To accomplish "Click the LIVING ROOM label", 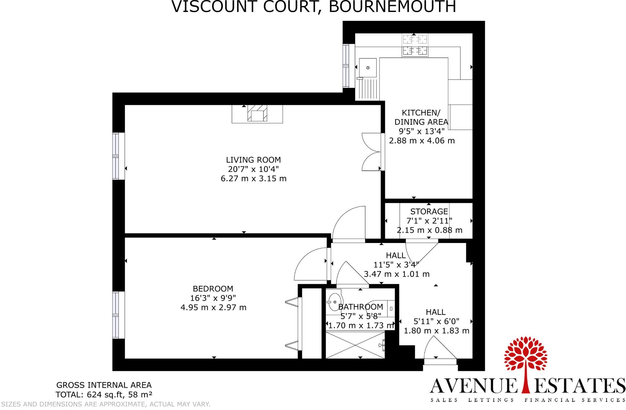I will click(x=253, y=160).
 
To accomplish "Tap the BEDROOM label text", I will click(x=213, y=289).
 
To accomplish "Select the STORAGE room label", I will click(x=429, y=211).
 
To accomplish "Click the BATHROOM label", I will click(x=361, y=307).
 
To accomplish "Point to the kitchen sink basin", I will click(x=368, y=68).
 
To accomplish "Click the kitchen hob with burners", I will click(x=415, y=45).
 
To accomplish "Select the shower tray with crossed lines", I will click(x=355, y=345).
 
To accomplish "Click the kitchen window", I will click(x=346, y=66).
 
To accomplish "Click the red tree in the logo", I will click(x=526, y=357).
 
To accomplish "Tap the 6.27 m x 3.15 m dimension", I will click(x=253, y=178).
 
